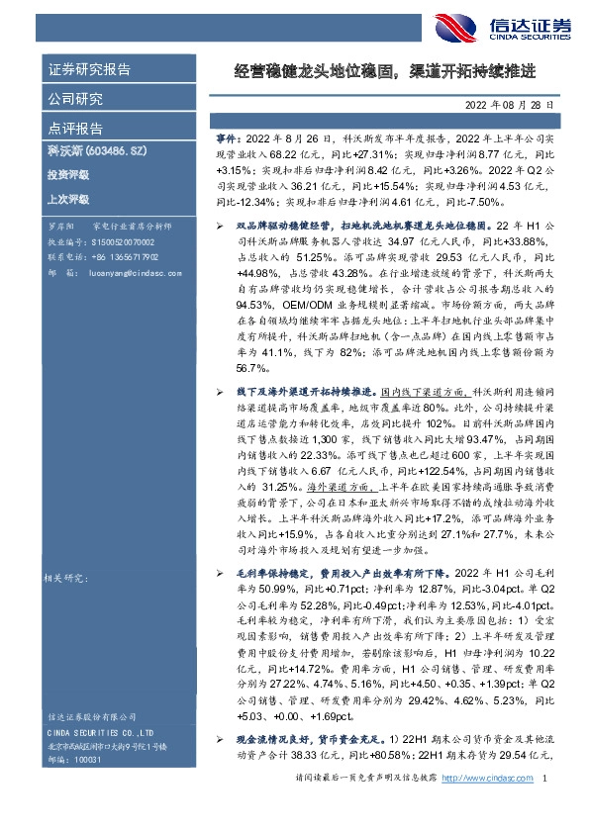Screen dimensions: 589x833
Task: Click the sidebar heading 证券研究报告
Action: point(89,70)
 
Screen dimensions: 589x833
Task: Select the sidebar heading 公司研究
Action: point(75,99)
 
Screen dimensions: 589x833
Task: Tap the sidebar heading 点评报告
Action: point(75,129)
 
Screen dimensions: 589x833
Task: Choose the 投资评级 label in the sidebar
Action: point(67,175)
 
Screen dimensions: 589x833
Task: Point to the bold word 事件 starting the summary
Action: point(227,142)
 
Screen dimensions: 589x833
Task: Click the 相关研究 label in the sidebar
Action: point(68,575)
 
